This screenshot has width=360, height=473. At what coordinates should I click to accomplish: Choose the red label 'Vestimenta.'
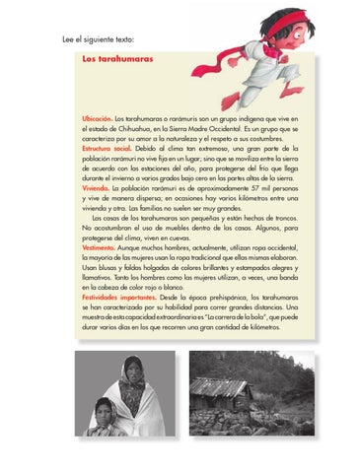pos(100,248)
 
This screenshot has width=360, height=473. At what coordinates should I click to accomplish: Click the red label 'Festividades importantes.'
pos(117,295)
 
